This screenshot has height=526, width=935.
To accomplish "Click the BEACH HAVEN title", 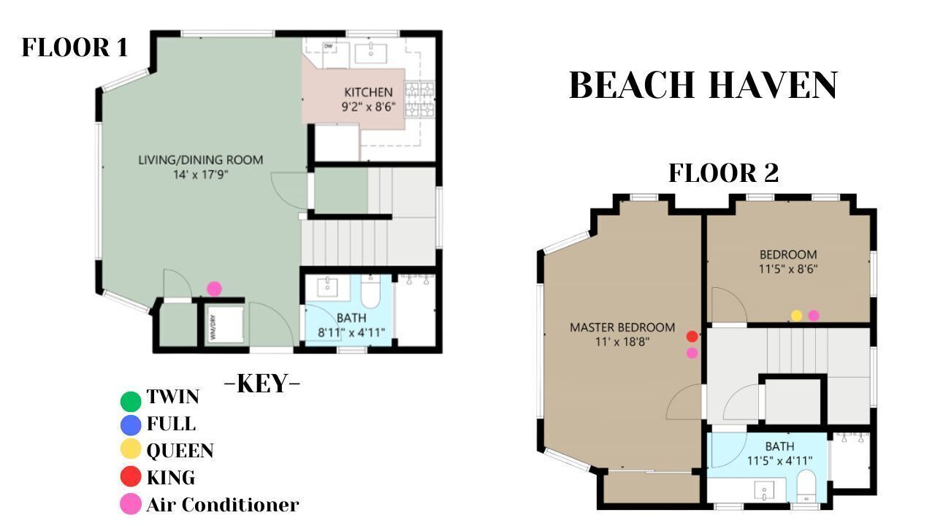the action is pyautogui.click(x=703, y=85).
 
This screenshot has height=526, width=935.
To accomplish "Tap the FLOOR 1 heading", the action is pyautogui.click(x=75, y=47).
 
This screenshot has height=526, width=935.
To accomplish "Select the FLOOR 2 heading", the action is pyautogui.click(x=723, y=173).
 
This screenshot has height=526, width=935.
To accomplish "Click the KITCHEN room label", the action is pyautogui.click(x=368, y=92).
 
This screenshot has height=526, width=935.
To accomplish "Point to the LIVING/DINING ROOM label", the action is pyautogui.click(x=200, y=160).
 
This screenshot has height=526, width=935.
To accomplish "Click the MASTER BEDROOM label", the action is pyautogui.click(x=622, y=327).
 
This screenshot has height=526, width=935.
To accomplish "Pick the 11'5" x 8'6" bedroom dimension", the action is pyautogui.click(x=788, y=269).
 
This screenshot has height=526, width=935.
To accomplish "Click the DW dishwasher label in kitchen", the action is pyautogui.click(x=329, y=46).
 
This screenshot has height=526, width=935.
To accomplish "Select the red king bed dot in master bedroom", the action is pyautogui.click(x=692, y=336).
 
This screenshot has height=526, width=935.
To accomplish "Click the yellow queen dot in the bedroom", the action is pyautogui.click(x=796, y=316).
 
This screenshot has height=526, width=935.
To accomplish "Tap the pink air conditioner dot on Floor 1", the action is pyautogui.click(x=214, y=289).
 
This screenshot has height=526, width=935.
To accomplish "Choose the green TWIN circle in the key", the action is pyautogui.click(x=131, y=400).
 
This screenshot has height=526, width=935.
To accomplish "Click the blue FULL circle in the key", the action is pyautogui.click(x=131, y=425).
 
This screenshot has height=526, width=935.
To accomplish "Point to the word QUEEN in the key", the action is pyautogui.click(x=180, y=451).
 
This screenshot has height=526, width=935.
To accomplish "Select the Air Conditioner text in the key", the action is pyautogui.click(x=223, y=505).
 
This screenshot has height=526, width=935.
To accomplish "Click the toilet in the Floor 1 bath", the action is pyautogui.click(x=370, y=291).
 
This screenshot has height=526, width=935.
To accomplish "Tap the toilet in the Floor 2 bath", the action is pyautogui.click(x=806, y=486).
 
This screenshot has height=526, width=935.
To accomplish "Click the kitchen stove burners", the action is pyautogui.click(x=420, y=99).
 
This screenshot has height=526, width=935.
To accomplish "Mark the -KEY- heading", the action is pyautogui.click(x=262, y=384).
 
